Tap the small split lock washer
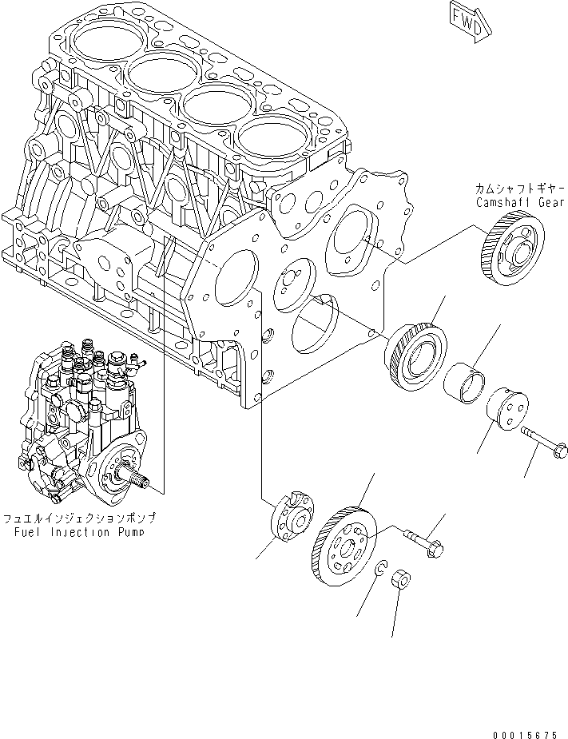coord(381,569)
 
